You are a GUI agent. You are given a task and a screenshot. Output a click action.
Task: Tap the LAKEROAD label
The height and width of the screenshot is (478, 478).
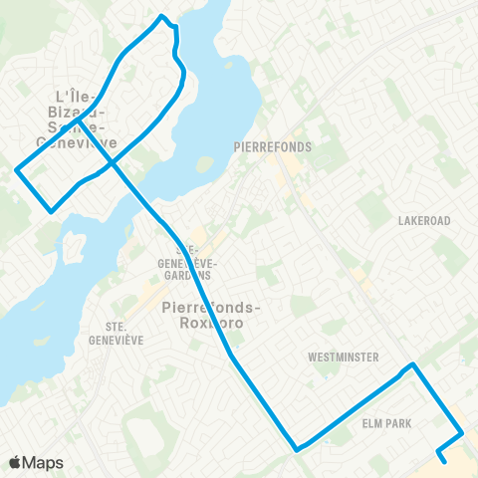(x=424, y=220)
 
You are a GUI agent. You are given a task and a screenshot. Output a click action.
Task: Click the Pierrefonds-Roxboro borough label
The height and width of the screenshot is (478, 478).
(x=211, y=315)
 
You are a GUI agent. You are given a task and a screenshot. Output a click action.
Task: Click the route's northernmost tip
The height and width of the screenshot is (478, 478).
(x=162, y=16)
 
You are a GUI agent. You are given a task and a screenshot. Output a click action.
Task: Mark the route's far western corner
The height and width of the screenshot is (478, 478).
(x=16, y=170)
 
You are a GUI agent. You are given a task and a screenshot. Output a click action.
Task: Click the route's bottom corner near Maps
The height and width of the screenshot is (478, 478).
(x=297, y=449)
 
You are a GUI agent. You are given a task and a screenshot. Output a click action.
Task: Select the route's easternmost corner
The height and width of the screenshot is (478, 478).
(x=462, y=433)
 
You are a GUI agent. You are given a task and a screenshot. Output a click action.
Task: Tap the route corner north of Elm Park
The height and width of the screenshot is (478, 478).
(x=412, y=365)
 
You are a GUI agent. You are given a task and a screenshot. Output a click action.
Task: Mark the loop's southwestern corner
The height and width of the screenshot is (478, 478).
(x=52, y=209)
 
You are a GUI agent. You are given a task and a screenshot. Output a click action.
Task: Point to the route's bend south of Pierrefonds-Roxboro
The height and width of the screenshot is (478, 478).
(x=231, y=355)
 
